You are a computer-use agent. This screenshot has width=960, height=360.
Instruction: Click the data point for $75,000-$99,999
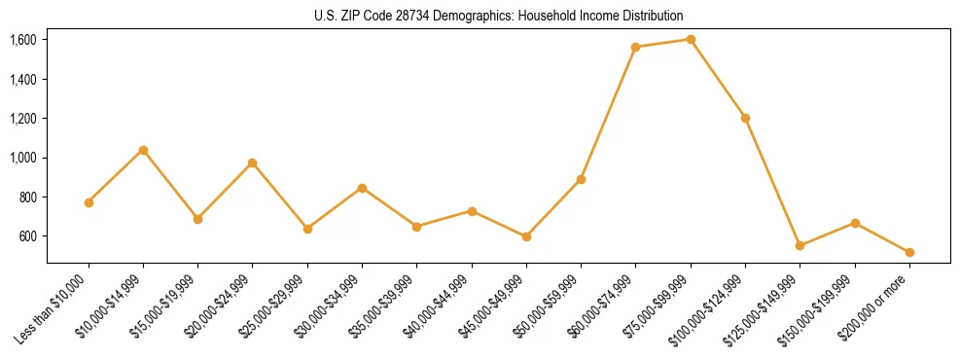pyautogui.click(x=691, y=39)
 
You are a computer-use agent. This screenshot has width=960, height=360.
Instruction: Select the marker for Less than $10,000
pyautogui.click(x=89, y=202)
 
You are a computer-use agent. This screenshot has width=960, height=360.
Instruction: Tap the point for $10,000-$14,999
pyautogui.click(x=143, y=150)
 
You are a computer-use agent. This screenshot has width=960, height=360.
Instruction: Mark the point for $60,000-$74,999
pyautogui.click(x=636, y=47)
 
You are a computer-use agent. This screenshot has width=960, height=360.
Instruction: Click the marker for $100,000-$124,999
pyautogui.click(x=745, y=118)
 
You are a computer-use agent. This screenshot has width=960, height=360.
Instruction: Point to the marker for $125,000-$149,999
pyautogui.click(x=800, y=245)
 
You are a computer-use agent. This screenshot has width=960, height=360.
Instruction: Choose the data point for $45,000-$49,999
pyautogui.click(x=526, y=236)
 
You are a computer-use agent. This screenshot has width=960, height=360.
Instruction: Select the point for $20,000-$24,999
pyautogui.click(x=253, y=162)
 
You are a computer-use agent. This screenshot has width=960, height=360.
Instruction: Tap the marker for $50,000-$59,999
pyautogui.click(x=581, y=179)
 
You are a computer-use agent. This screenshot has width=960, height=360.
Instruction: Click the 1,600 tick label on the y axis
pyautogui.click(x=23, y=40)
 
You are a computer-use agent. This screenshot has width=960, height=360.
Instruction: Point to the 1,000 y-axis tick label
pyautogui.click(x=23, y=158)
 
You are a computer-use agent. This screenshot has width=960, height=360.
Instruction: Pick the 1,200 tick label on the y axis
pyautogui.click(x=23, y=119)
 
